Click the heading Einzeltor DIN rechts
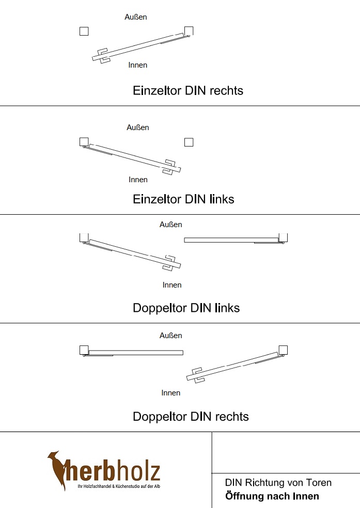(x=188, y=91)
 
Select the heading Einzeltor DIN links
(x=183, y=199)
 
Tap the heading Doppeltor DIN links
(x=186, y=308)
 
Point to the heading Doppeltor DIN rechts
(x=191, y=417)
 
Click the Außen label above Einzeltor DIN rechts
(x=136, y=17)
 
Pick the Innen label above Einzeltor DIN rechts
(x=138, y=65)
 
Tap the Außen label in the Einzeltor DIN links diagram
(x=138, y=128)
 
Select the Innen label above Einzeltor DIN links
(x=138, y=180)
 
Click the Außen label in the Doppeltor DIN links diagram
(x=171, y=225)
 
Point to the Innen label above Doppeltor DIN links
(x=172, y=285)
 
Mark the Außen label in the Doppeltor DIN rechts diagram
(x=171, y=336)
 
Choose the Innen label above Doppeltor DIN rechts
(x=171, y=393)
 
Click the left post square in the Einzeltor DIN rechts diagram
(x=84, y=31)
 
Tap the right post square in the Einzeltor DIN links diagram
(x=189, y=142)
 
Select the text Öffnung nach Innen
(x=272, y=497)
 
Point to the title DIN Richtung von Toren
(x=278, y=483)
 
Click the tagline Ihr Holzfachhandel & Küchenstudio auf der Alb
(x=118, y=487)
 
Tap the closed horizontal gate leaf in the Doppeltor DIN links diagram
(x=231, y=240)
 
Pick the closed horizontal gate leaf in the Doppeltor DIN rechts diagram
(x=136, y=353)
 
